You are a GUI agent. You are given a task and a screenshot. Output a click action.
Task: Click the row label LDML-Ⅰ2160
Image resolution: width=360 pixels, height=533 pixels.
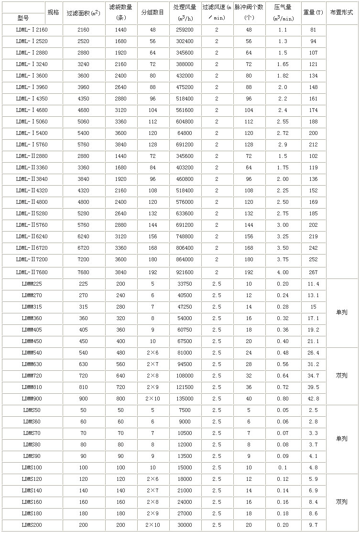click(32, 30)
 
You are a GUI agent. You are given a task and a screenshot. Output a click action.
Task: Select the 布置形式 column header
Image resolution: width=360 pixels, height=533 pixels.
click(341, 13)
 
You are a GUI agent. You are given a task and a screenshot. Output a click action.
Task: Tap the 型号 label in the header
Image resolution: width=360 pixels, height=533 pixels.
click(22, 19)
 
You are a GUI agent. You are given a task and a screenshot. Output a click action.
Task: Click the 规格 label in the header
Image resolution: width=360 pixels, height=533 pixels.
click(53, 12)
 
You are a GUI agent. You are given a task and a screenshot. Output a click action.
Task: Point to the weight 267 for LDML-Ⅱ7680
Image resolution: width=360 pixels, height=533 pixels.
click(313, 272)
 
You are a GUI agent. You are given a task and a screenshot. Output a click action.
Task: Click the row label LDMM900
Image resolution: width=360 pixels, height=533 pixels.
click(32, 399)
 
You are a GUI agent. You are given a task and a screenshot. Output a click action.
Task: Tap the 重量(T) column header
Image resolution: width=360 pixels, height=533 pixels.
click(313, 13)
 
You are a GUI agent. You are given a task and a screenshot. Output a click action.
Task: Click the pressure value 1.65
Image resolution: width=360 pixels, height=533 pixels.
click(283, 64)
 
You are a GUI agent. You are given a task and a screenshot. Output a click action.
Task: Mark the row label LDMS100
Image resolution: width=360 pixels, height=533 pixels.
click(32, 467)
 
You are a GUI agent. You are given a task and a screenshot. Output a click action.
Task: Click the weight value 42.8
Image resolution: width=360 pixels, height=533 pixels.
click(313, 399)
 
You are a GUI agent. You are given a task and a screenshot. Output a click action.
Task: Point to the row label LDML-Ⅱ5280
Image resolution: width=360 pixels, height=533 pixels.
click(32, 213)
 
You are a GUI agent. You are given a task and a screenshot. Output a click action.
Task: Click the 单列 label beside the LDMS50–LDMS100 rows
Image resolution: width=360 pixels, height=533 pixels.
click(341, 439)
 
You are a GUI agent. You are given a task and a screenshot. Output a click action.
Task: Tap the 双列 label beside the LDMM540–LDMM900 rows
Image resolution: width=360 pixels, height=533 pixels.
click(341, 376)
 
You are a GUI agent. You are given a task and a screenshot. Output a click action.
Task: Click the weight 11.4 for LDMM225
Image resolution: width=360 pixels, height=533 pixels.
click(313, 284)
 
